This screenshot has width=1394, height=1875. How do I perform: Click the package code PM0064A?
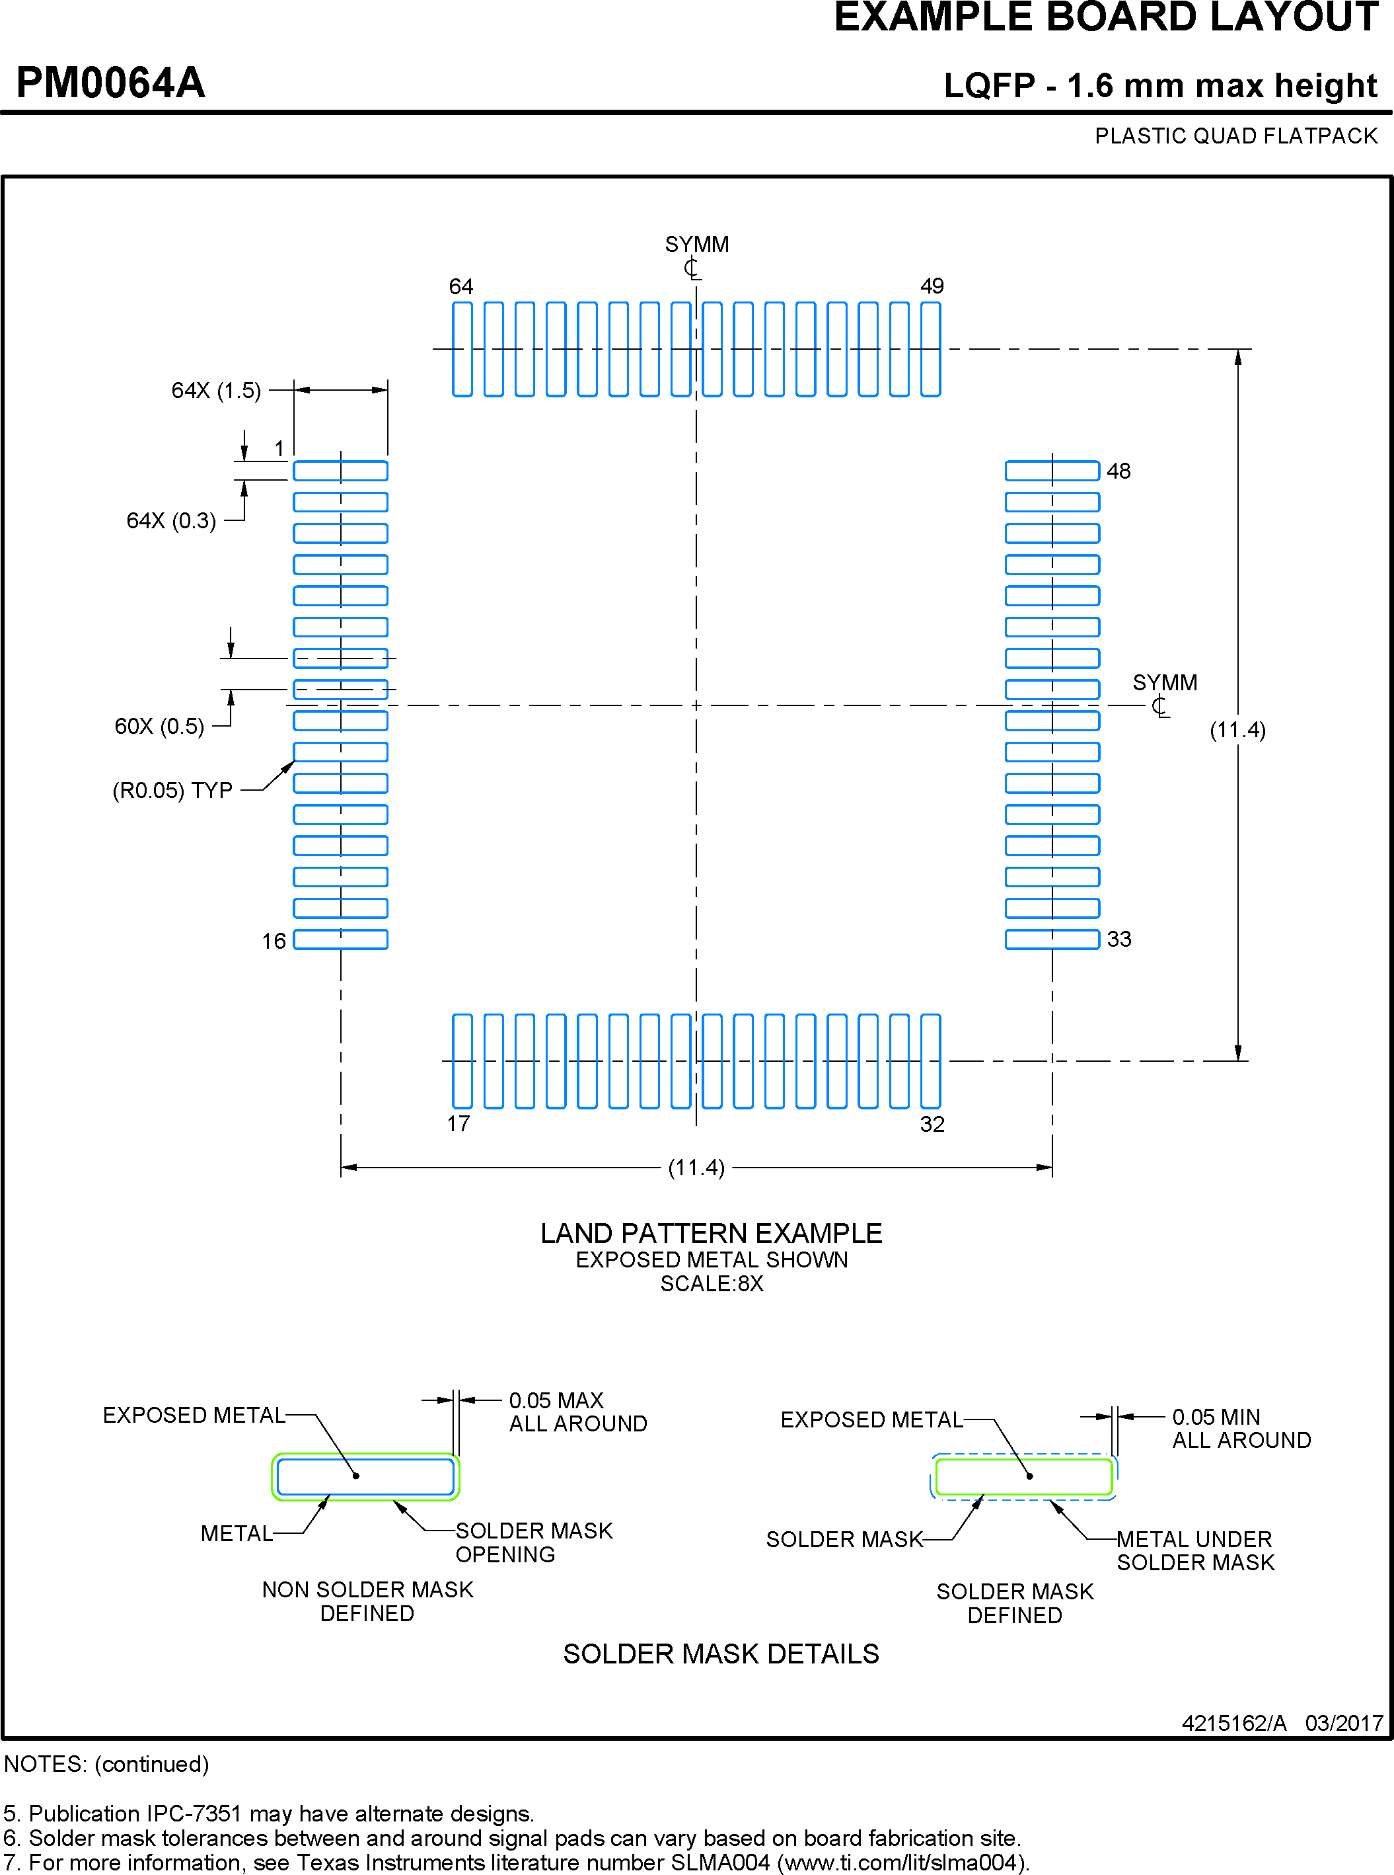[x=110, y=83]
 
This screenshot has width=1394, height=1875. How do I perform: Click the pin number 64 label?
[x=460, y=286]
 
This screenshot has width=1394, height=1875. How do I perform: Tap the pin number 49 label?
[x=932, y=286]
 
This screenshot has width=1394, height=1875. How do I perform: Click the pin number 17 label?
[x=459, y=1124]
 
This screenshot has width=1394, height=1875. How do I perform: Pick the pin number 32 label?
[x=932, y=1124]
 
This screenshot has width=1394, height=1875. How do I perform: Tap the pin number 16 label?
[x=274, y=940]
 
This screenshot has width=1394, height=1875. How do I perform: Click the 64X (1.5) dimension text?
[x=216, y=391]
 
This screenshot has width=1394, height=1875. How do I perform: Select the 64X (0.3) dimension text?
[x=171, y=521]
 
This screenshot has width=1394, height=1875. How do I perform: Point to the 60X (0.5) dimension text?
[x=159, y=726]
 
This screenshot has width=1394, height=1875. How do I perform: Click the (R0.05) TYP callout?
[x=172, y=790]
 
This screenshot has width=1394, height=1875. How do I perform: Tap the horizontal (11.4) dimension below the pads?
[x=696, y=1168]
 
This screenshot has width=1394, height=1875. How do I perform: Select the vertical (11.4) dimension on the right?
[x=1237, y=731]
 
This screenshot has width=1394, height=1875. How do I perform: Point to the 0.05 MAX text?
[x=556, y=1400]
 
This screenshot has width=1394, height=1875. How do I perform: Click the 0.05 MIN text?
[x=1216, y=1417]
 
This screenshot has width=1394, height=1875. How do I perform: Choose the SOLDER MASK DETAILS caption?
[x=721, y=1654]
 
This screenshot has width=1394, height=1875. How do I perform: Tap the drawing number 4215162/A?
[x=1233, y=1723]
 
